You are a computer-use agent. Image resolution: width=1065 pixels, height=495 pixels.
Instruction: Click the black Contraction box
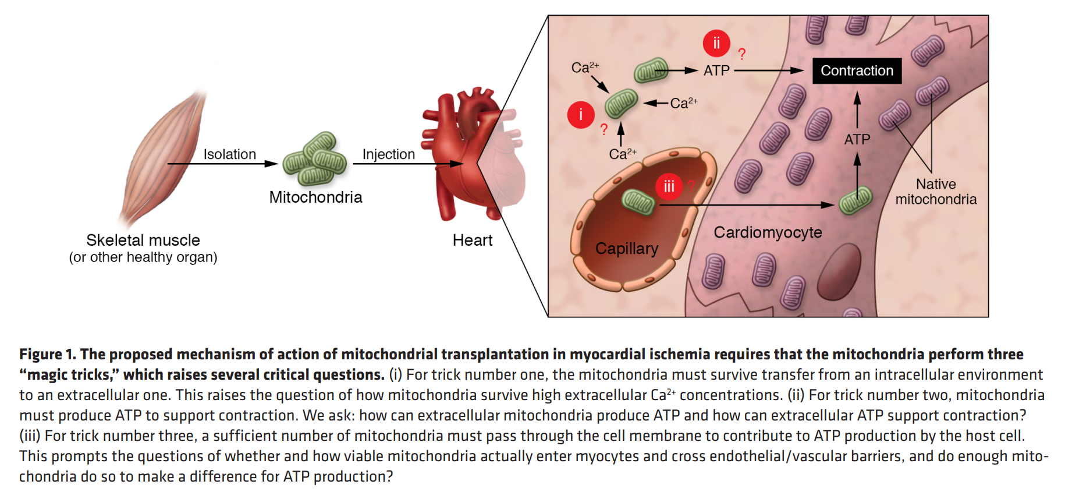pyautogui.click(x=857, y=70)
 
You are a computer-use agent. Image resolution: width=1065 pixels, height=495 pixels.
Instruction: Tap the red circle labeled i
pyautogui.click(x=580, y=115)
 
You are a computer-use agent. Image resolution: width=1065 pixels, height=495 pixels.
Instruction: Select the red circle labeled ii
pyautogui.click(x=716, y=43)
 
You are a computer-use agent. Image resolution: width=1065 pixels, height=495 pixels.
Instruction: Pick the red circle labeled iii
pyautogui.click(x=669, y=186)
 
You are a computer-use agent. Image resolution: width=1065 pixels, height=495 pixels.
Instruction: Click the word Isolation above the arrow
pyautogui.click(x=229, y=154)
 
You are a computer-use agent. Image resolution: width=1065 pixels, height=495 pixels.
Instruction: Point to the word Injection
pyautogui.click(x=388, y=154)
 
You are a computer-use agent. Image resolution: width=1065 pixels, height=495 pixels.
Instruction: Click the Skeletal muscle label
pyautogui.click(x=143, y=240)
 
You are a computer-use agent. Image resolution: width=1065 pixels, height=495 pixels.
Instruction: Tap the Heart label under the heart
pyautogui.click(x=472, y=240)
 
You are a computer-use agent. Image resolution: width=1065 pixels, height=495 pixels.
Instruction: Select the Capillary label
pyautogui.click(x=626, y=249)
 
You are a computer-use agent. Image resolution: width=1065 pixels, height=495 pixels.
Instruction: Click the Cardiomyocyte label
pyautogui.click(x=768, y=232)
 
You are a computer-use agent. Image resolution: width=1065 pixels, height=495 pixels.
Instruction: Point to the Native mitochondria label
pyautogui.click(x=936, y=192)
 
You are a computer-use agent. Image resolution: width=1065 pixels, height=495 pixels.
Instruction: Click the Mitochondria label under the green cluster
pyautogui.click(x=315, y=197)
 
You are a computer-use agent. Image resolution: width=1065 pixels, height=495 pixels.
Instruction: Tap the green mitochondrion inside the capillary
pyautogui.click(x=638, y=201)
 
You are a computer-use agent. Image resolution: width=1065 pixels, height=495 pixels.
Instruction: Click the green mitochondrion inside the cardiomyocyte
pyautogui.click(x=855, y=201)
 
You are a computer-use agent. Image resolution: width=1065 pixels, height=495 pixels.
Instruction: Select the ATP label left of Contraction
pyautogui.click(x=716, y=71)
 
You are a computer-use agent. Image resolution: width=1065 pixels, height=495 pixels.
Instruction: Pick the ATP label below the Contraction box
pyautogui.click(x=857, y=140)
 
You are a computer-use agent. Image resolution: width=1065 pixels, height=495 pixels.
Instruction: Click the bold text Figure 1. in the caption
pyautogui.click(x=47, y=354)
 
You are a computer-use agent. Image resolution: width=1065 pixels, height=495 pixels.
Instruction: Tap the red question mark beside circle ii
pyautogui.click(x=741, y=54)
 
